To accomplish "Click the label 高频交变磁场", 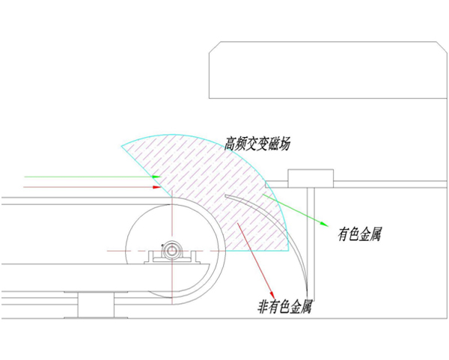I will (x=257, y=144).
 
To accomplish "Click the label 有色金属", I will (x=360, y=234).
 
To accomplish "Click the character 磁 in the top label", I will (x=273, y=144).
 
